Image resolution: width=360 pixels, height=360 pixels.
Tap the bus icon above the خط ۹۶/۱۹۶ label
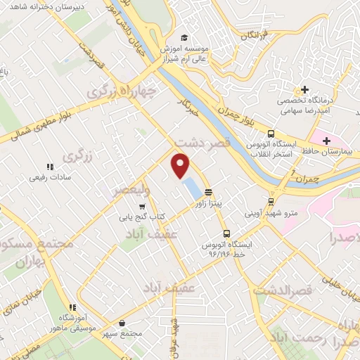point(226,234)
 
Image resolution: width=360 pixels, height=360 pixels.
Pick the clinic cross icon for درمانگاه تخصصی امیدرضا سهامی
point(304,91)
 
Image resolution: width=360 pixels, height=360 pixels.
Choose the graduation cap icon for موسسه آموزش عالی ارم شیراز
point(184,37)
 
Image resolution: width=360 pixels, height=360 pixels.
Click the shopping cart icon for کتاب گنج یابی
point(143,207)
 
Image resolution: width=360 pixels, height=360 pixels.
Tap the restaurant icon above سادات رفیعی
point(49,167)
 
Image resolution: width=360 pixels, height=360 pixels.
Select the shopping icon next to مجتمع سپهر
point(123,323)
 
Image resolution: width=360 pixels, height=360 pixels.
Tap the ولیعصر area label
point(131,189)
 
